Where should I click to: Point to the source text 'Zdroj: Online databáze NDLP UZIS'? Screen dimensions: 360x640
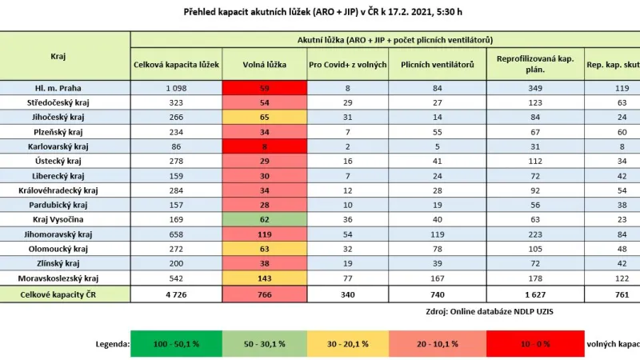[x=481, y=313]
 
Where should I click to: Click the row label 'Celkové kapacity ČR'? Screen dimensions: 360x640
[x=65, y=294]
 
